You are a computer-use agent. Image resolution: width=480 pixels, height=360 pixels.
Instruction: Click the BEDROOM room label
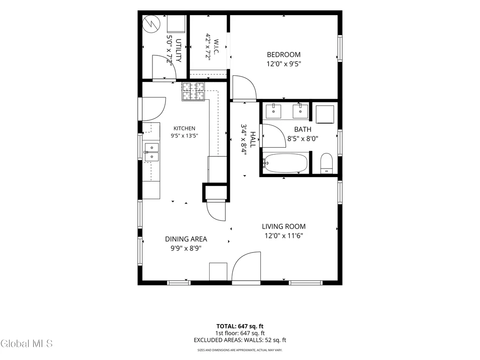(x=284, y=55)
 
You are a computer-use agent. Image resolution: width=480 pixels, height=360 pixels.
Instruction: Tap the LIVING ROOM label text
(x=284, y=227)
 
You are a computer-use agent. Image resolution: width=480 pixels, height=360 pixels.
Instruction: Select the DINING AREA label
(x=186, y=239)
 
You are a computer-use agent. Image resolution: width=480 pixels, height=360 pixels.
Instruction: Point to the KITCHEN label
(x=184, y=129)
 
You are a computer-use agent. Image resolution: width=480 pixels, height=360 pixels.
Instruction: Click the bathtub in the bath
(x=285, y=163)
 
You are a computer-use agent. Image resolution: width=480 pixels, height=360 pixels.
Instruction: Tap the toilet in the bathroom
(x=327, y=163)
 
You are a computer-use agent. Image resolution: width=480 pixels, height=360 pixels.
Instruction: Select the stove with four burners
(x=194, y=91)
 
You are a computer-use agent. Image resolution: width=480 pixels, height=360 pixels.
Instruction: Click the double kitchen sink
(x=152, y=152)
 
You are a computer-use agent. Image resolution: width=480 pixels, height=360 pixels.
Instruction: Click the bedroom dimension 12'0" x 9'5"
(x=284, y=64)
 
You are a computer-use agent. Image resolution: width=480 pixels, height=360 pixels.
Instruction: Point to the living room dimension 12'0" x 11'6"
(x=284, y=236)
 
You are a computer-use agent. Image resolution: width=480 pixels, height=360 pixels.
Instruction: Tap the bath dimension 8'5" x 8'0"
(x=303, y=139)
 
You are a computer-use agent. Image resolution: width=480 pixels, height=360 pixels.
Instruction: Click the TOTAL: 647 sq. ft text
(x=240, y=326)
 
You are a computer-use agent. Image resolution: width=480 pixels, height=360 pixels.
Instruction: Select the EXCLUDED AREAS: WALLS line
(x=240, y=340)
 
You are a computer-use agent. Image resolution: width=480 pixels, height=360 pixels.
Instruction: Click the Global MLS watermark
(x=26, y=344)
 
